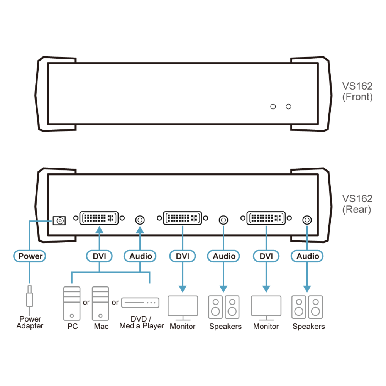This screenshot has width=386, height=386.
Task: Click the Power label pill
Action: (x=30, y=256)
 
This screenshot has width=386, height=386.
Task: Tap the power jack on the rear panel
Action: (x=59, y=220)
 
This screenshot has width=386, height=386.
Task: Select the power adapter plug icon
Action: (x=30, y=296)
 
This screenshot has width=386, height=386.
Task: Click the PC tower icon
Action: (x=72, y=303)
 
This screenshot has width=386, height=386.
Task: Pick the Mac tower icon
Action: (x=100, y=303)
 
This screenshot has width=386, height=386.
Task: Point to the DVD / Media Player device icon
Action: (x=141, y=303)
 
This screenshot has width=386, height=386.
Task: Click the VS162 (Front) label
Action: (x=357, y=91)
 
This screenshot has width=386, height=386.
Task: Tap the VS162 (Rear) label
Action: (x=357, y=204)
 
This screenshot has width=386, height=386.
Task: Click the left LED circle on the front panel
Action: (x=273, y=107)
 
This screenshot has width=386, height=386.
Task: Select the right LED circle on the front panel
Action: (x=288, y=107)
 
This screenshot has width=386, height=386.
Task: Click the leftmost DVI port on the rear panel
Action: (x=99, y=218)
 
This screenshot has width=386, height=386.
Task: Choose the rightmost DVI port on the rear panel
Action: (x=266, y=218)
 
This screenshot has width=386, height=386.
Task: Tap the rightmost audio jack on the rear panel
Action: (x=307, y=220)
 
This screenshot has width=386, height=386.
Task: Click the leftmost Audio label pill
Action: (x=140, y=256)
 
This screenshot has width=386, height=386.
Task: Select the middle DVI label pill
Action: (x=183, y=256)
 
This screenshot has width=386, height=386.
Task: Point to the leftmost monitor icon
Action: (x=183, y=308)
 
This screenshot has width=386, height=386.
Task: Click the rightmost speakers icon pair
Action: (x=307, y=307)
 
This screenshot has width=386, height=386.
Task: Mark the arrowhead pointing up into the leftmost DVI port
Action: (x=99, y=230)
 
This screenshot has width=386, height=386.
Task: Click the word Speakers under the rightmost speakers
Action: (x=309, y=327)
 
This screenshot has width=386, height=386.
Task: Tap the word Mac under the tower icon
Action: (x=101, y=327)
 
